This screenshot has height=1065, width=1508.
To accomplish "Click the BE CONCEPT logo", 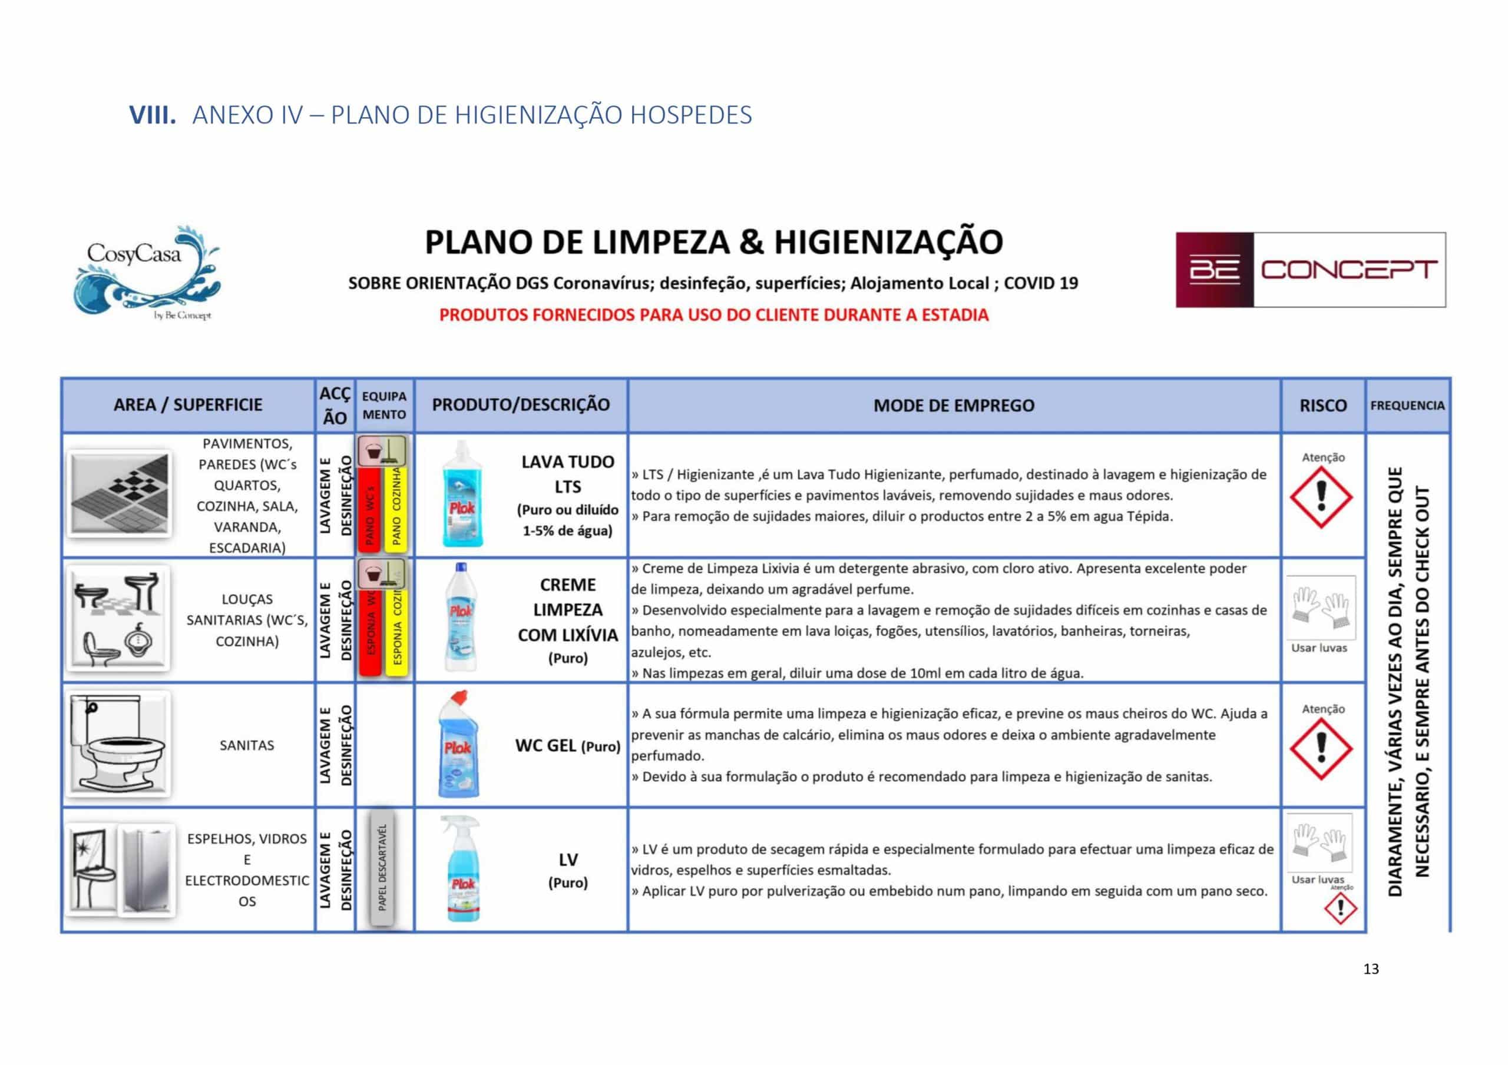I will point(1310,270).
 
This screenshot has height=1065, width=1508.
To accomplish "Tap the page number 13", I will point(1371,969).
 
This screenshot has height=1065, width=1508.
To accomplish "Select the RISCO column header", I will point(1323,406).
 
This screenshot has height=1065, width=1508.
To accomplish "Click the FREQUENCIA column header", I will point(1407,406).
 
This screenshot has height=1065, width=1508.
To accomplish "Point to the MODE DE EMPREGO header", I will point(954,406).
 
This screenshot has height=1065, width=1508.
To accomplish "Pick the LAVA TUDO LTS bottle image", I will point(462,494).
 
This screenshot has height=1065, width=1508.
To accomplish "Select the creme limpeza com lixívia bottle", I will point(461,616).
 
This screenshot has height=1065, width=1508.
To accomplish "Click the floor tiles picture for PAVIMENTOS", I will point(119,494).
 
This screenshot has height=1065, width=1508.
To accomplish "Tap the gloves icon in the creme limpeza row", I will point(1320,608).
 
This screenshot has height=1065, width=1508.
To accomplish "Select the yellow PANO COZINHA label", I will point(396,506).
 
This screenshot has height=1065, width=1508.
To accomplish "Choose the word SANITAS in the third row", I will point(247,745).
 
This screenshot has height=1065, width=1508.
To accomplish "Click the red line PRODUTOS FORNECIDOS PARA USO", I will point(714,315).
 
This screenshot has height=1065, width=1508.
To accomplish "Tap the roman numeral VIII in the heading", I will point(153,115).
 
